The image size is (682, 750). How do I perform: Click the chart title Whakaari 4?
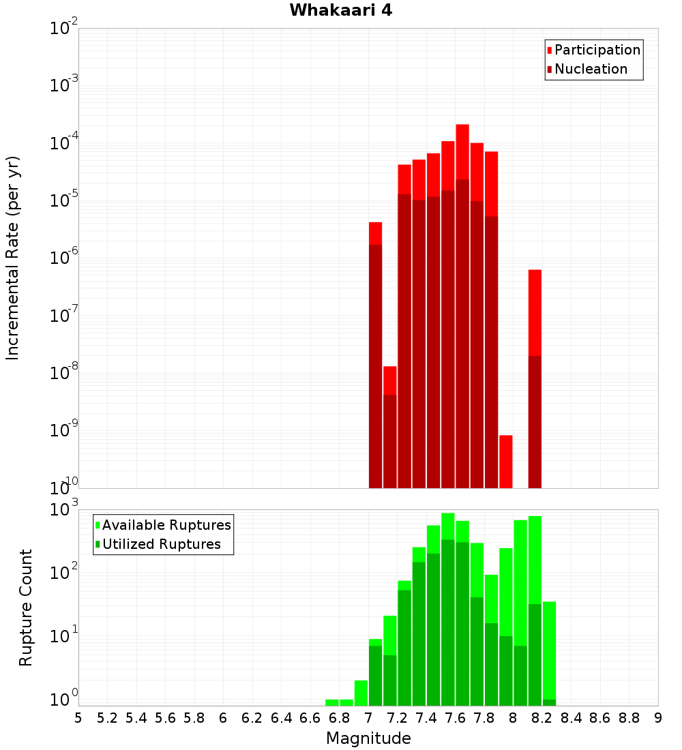[340, 10]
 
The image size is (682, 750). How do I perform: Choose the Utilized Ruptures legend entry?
[161, 544]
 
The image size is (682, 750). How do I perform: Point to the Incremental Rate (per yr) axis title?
[13, 258]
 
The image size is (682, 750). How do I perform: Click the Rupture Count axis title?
[26, 607]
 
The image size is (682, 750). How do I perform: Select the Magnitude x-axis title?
[368, 738]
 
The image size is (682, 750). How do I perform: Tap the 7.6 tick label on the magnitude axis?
[455, 717]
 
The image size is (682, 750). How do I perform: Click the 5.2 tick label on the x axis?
[107, 717]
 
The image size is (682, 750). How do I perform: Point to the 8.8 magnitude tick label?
[629, 717]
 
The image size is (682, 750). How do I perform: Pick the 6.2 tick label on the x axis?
[252, 717]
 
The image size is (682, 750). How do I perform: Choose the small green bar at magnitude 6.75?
[332, 702]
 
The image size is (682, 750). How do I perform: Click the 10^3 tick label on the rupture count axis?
[65, 509]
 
